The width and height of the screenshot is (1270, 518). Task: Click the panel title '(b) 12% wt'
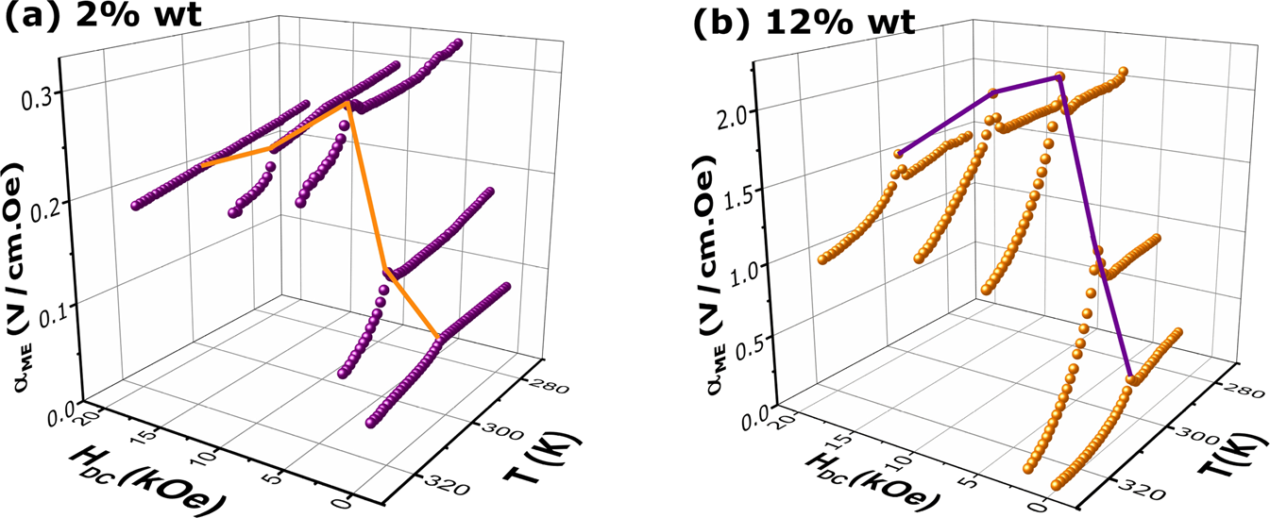pos(802,22)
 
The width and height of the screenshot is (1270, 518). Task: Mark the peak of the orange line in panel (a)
pos(347,103)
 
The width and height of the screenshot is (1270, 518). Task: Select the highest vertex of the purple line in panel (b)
pos(1059,77)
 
